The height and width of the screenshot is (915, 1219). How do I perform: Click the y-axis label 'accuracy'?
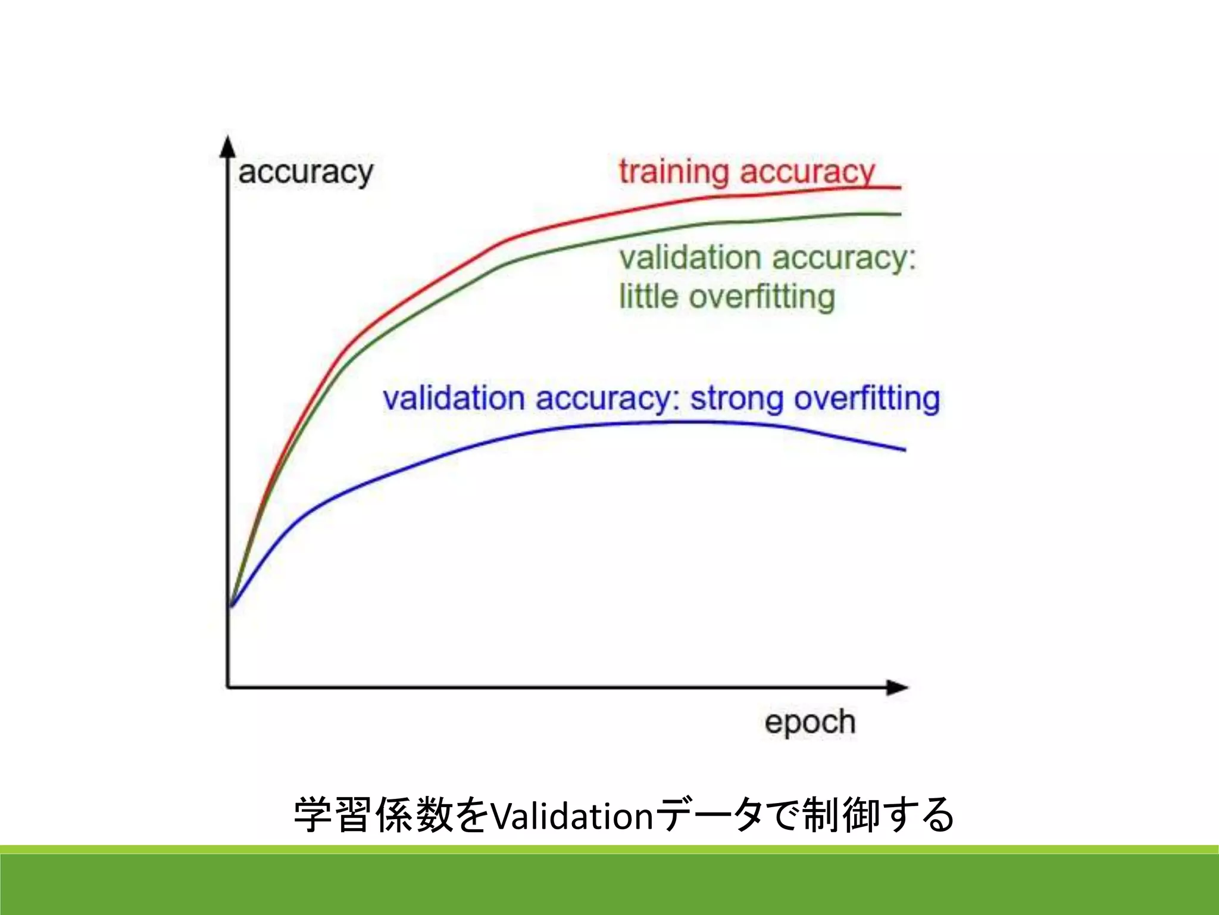305,173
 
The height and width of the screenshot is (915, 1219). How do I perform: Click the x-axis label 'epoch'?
809,722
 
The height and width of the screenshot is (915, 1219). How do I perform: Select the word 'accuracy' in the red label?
807,173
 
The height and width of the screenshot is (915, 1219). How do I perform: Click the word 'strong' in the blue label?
736,399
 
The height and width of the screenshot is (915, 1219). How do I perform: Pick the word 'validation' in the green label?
690,258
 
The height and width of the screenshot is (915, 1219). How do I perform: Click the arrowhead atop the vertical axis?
227,146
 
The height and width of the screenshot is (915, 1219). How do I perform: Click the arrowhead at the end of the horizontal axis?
898,687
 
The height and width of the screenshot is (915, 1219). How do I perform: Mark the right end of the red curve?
900,188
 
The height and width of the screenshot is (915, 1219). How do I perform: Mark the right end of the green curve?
900,214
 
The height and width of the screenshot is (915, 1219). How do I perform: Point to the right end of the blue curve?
904,450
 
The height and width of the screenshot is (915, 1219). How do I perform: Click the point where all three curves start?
231,606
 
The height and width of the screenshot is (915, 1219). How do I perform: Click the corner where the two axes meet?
228,687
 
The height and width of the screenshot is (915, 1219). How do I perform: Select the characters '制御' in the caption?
840,815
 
